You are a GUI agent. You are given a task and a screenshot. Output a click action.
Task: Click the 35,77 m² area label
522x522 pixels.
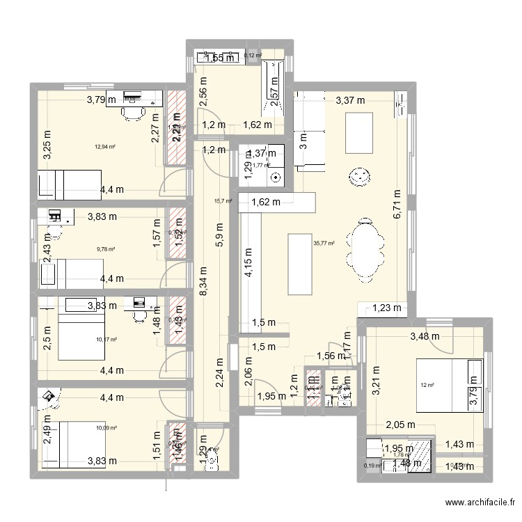click(x=324, y=244)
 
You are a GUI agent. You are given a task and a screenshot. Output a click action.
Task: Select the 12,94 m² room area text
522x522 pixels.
click(x=105, y=147)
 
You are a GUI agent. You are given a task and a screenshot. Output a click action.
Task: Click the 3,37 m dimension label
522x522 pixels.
click(x=350, y=100)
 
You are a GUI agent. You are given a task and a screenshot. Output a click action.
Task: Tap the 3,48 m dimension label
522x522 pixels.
click(x=425, y=336)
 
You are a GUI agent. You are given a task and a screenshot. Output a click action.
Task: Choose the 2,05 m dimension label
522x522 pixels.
click(x=401, y=425)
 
